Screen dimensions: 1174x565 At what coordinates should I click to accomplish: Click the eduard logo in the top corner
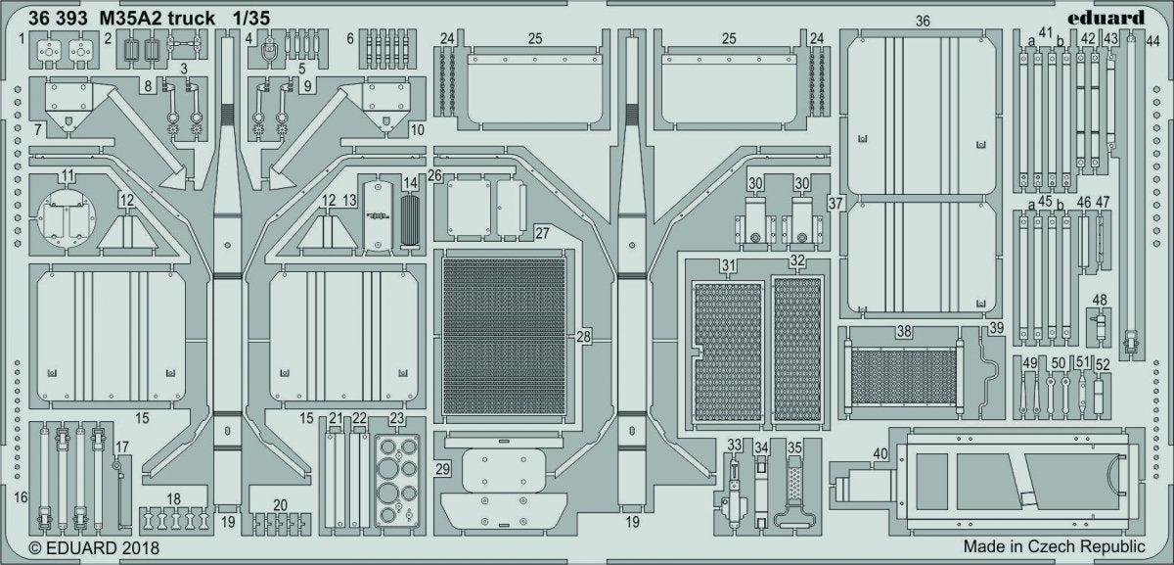[1106, 19]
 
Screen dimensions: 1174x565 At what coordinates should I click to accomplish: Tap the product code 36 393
[58, 19]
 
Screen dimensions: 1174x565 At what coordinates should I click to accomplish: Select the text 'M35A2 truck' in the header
[157, 19]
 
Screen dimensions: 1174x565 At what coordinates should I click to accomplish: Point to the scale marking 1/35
[251, 19]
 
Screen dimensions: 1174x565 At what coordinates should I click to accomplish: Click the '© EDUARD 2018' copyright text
[94, 548]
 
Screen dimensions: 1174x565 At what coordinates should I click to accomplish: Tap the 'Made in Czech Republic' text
[1054, 546]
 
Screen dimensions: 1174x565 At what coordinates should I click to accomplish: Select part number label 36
[923, 21]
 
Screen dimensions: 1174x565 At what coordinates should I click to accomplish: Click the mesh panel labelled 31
[728, 353]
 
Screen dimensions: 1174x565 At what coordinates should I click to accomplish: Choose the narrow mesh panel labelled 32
[796, 350]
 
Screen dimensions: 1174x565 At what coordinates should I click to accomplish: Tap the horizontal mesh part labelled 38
[904, 378]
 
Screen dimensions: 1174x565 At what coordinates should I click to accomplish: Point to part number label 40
[880, 453]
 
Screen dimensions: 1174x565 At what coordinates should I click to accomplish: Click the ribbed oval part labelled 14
[410, 221]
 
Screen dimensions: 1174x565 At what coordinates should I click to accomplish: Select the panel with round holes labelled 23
[397, 481]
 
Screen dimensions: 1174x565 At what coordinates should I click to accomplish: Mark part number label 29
[443, 469]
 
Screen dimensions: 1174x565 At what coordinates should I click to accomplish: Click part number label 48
[1100, 300]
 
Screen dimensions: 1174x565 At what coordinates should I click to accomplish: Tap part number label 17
[121, 447]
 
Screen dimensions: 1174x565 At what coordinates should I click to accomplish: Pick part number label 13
[349, 200]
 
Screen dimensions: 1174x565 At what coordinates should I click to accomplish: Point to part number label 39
[996, 328]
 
